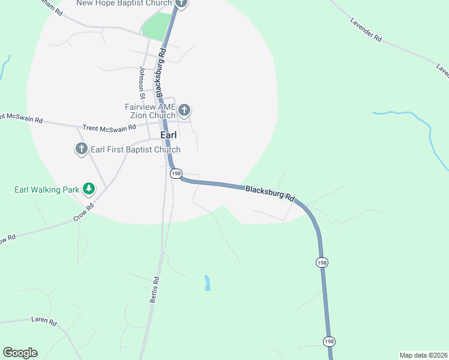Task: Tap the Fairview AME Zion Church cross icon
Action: pyautogui.click(x=184, y=110)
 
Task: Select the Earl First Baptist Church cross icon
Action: pyautogui.click(x=82, y=149)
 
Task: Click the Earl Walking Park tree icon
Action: pyautogui.click(x=89, y=190)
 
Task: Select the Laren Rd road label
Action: pyautogui.click(x=43, y=322)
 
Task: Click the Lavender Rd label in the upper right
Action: pyautogui.click(x=365, y=29)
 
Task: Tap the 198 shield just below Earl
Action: pyautogui.click(x=176, y=173)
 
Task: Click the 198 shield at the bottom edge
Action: pyautogui.click(x=329, y=341)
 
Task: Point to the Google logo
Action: pyautogui.click(x=20, y=353)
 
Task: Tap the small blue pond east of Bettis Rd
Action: pyautogui.click(x=207, y=283)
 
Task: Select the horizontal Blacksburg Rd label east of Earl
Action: pyautogui.click(x=271, y=193)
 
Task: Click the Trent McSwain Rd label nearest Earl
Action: pyautogui.click(x=109, y=128)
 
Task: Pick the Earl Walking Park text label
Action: pyautogui.click(x=47, y=190)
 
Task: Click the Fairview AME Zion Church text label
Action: pyautogui.click(x=149, y=111)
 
